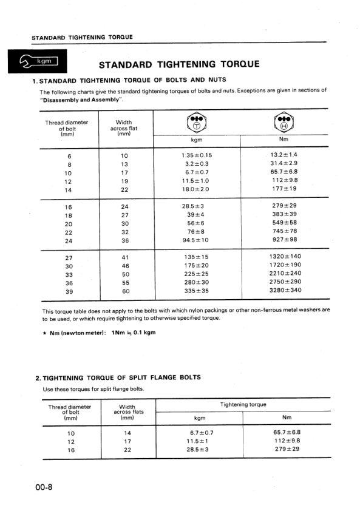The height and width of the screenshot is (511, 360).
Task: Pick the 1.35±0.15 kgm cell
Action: (x=197, y=155)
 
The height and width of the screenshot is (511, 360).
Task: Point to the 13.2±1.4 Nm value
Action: (x=285, y=155)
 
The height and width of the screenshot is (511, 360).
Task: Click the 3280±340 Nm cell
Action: (x=285, y=290)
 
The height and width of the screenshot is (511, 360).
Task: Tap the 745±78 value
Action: (x=285, y=231)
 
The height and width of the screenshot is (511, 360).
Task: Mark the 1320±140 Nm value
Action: (x=285, y=256)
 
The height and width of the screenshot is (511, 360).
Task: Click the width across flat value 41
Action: (x=125, y=257)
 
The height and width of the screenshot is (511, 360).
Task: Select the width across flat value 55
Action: (x=125, y=282)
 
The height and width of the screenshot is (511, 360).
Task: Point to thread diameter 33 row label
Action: (x=69, y=274)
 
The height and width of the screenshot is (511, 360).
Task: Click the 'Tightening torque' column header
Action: (x=243, y=404)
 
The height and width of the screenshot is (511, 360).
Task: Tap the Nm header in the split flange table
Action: (x=287, y=418)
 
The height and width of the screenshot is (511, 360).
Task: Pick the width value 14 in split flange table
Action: (x=127, y=433)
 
